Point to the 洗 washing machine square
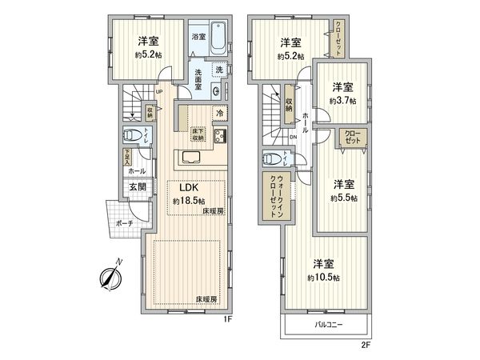click(218, 70)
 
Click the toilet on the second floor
click(273, 157)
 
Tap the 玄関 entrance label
click(135, 188)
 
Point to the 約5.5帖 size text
click(343, 197)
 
